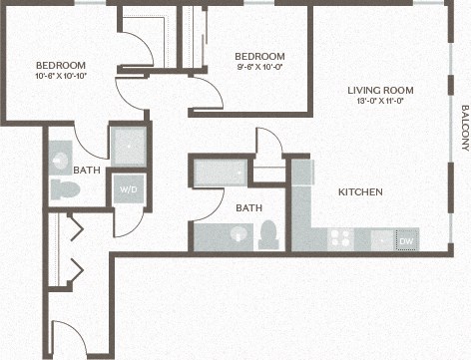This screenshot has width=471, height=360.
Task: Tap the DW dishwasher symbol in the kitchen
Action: click(407, 240)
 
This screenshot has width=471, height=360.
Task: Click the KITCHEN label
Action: click(361, 192)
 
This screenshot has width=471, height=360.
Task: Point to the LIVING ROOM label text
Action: click(380, 91)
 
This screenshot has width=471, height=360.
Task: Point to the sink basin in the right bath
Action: click(237, 235)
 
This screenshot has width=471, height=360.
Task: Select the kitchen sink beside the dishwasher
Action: click(379, 239)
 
